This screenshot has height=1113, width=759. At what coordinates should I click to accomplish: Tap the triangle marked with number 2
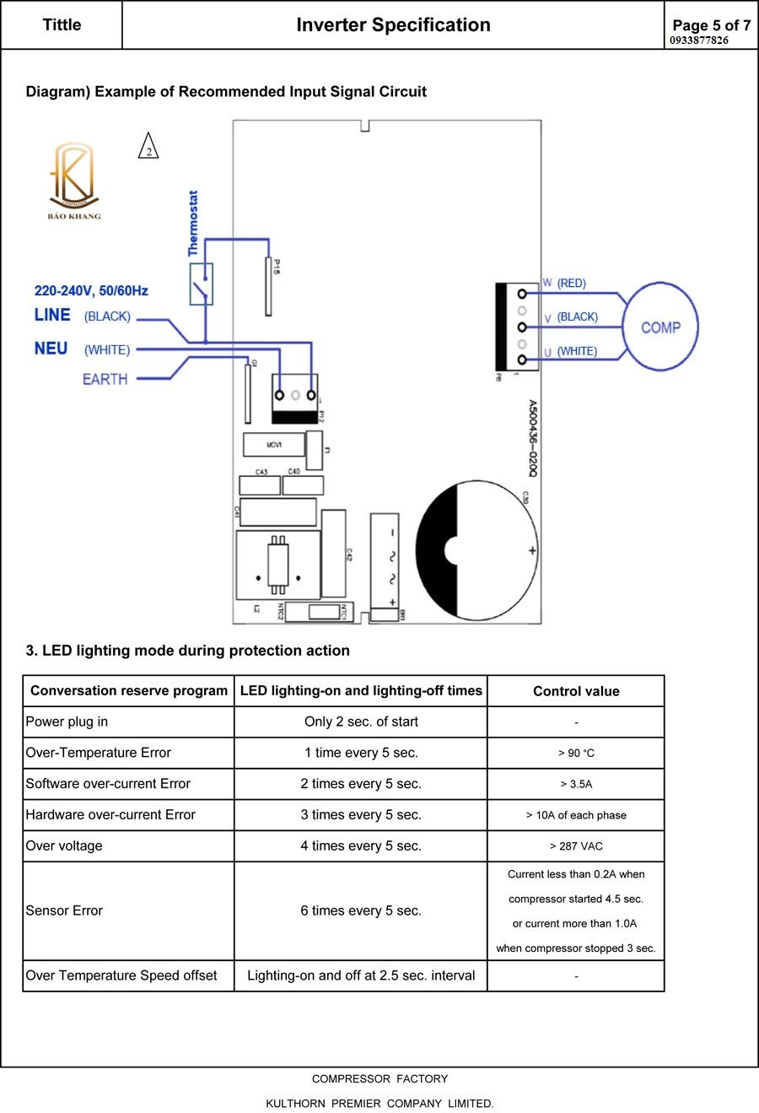point(148,148)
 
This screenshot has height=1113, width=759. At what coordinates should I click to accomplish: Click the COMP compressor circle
point(660,327)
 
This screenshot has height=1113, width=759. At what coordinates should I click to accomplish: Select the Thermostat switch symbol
point(202,284)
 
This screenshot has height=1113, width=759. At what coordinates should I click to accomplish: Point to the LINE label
point(52,315)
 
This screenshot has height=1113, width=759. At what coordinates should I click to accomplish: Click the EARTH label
point(105,379)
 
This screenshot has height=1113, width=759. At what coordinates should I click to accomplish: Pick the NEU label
point(51,348)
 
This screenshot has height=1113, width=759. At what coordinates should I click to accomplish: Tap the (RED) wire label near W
point(571,284)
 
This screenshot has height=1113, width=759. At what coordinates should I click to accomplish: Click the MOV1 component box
point(273,445)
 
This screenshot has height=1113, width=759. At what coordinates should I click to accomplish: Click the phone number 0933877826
point(699,40)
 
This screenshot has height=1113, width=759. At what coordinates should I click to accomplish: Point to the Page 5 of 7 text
point(711,25)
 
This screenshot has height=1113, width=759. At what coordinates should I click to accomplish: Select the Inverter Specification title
point(393,25)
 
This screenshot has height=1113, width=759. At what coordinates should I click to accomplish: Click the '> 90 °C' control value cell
point(576,753)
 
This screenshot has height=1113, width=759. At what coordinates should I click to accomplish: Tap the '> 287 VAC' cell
point(576,846)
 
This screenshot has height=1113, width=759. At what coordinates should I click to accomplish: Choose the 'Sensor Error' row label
point(64,910)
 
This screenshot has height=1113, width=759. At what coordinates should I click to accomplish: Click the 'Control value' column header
point(576,691)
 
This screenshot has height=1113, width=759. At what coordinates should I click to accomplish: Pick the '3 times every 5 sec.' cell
point(361,814)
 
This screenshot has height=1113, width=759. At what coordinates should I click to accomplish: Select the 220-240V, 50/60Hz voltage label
point(91,291)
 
